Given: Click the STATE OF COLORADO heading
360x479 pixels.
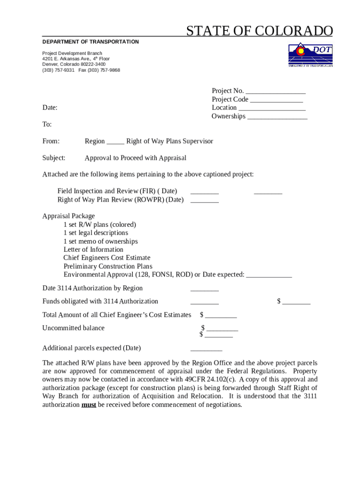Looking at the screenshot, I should click(259, 31).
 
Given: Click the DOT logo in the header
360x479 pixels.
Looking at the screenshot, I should click(310, 55).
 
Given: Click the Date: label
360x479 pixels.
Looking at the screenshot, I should click(50, 108).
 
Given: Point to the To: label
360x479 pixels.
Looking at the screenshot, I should click(47, 124).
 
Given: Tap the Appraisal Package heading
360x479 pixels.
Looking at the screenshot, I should click(69, 216).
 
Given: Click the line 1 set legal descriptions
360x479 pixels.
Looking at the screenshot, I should click(96, 233).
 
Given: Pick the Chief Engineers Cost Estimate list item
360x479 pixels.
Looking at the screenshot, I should click(107, 258).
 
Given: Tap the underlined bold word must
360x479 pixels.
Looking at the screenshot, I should click(89, 405).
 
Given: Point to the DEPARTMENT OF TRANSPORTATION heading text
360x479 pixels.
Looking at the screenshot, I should click(91, 42).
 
